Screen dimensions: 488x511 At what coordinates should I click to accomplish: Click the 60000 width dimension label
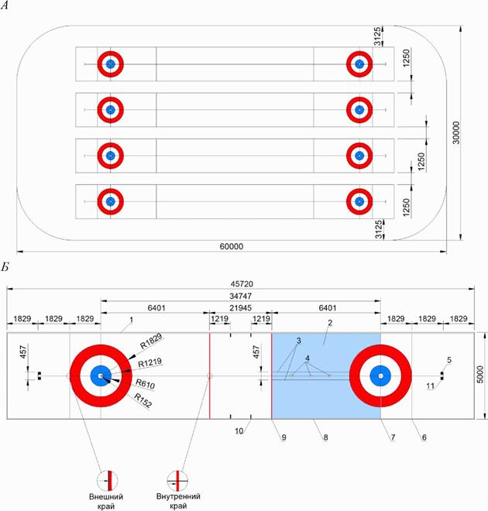[231, 246]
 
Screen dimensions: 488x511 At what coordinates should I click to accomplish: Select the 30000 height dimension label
[456, 132]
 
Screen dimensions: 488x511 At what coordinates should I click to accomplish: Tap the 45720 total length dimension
[242, 284]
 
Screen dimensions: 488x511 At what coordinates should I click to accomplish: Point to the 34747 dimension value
[240, 296]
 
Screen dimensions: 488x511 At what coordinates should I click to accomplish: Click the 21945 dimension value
[240, 308]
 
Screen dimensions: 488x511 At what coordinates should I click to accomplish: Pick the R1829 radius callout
[151, 341]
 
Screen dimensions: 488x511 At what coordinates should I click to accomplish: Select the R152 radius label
[143, 400]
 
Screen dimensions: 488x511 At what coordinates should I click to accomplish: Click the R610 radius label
[145, 384]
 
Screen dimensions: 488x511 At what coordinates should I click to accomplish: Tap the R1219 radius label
[149, 362]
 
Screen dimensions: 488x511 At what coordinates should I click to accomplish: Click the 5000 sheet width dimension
[480, 375]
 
